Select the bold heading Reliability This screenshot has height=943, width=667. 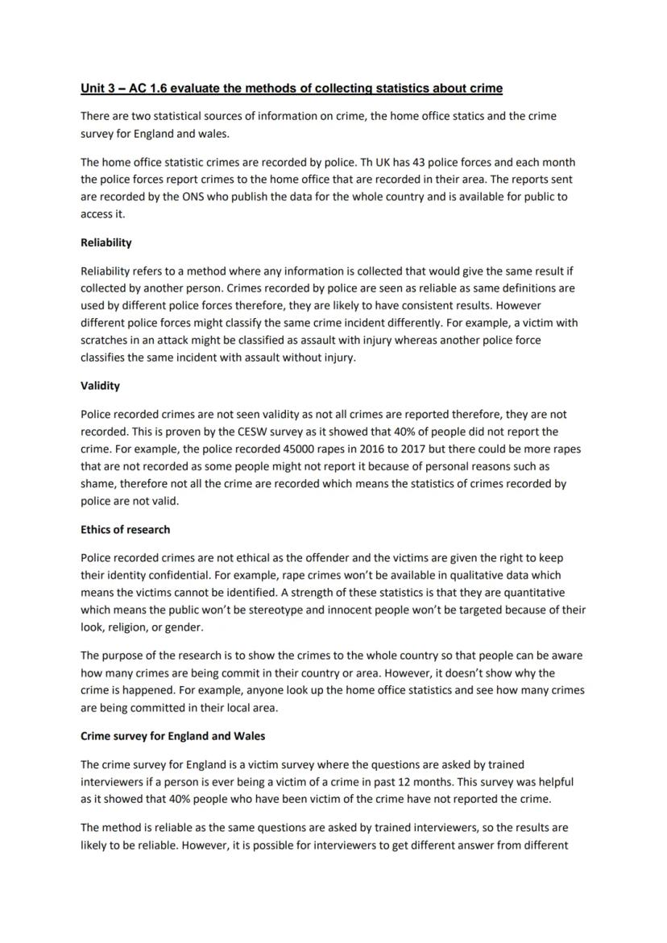(106, 242)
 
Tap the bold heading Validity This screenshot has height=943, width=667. (100, 386)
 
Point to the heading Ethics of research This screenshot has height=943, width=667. (125, 530)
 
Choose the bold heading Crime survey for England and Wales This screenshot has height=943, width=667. (172, 736)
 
